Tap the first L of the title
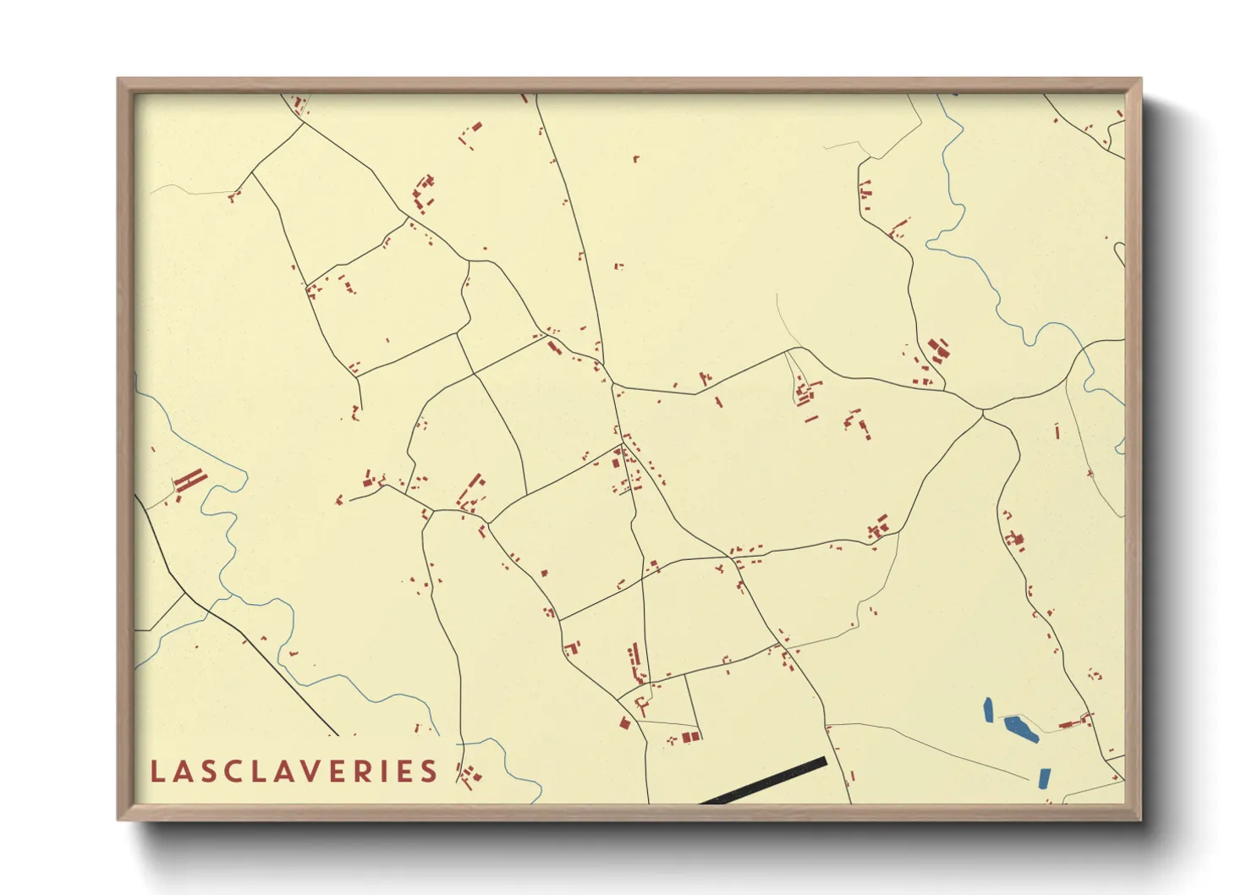(156, 771)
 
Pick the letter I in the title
(395, 771)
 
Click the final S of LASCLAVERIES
(430, 771)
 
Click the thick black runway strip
(764, 781)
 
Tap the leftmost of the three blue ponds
(987, 709)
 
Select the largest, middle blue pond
(1020, 728)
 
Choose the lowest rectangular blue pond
(1043, 777)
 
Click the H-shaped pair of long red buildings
(190, 481)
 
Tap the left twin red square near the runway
(687, 738)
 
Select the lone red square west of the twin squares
(625, 723)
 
